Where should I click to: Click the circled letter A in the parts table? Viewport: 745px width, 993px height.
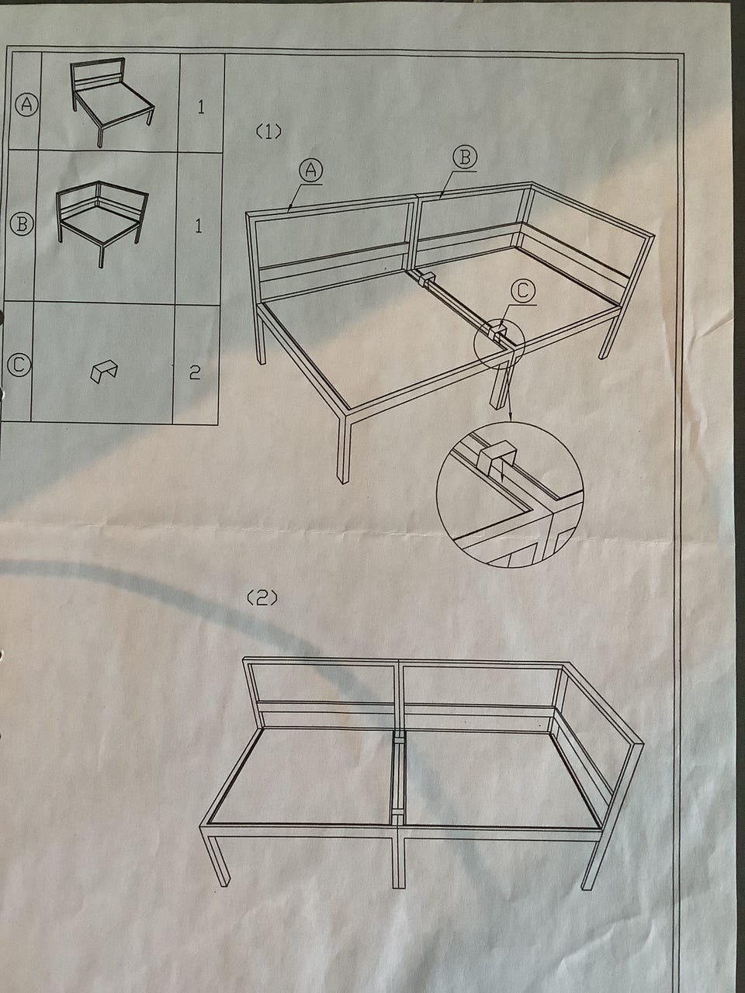point(26,105)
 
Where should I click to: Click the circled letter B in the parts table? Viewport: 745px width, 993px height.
point(22,224)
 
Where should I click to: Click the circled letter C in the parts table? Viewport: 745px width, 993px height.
point(19,365)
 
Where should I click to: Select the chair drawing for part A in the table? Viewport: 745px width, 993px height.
point(112,102)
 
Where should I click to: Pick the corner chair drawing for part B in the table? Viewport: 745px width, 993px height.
point(102,223)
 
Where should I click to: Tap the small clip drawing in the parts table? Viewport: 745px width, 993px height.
point(103,372)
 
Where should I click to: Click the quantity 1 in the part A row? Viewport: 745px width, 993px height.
point(201,107)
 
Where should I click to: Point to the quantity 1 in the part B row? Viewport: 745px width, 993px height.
point(198,226)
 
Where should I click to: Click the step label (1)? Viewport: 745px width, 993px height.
point(269,132)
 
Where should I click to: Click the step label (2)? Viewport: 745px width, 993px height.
point(262,598)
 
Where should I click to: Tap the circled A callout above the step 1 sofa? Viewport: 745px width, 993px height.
point(310,170)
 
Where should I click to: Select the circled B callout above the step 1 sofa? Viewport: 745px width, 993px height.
point(465,157)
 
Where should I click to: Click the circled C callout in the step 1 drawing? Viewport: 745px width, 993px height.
point(523,291)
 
